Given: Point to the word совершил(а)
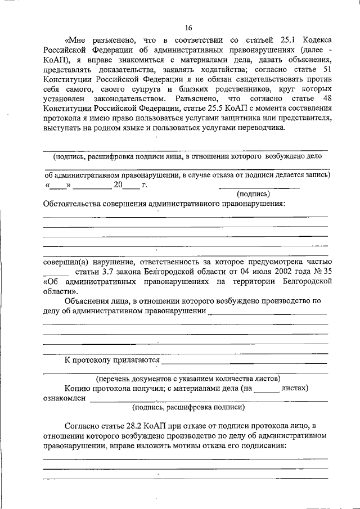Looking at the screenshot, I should (x=65, y=262).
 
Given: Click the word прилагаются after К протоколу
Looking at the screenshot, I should (x=130, y=359).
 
